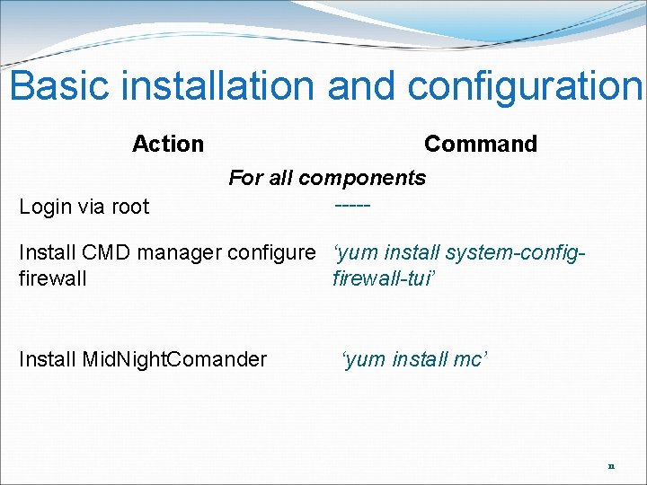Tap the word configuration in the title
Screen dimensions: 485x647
click(525, 86)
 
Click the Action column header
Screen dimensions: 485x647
click(168, 144)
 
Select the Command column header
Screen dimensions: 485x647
click(480, 144)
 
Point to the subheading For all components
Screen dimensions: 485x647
click(327, 178)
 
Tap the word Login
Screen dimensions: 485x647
click(45, 207)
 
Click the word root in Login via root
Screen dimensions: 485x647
click(130, 207)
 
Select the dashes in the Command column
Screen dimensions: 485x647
click(351, 207)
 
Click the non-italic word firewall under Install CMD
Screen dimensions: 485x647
click(52, 278)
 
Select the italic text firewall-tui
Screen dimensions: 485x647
click(382, 278)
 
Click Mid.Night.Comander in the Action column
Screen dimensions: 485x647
click(174, 360)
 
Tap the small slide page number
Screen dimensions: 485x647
click(611, 467)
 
